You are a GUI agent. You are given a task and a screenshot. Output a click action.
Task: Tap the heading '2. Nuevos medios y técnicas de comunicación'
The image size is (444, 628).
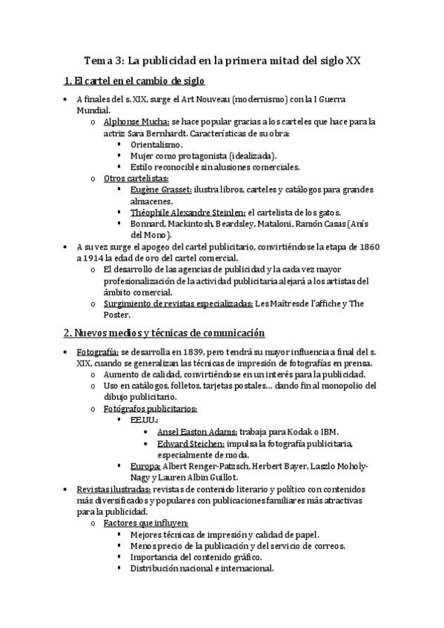click(164, 333)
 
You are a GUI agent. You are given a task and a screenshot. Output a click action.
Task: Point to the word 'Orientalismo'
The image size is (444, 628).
click(156, 144)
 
